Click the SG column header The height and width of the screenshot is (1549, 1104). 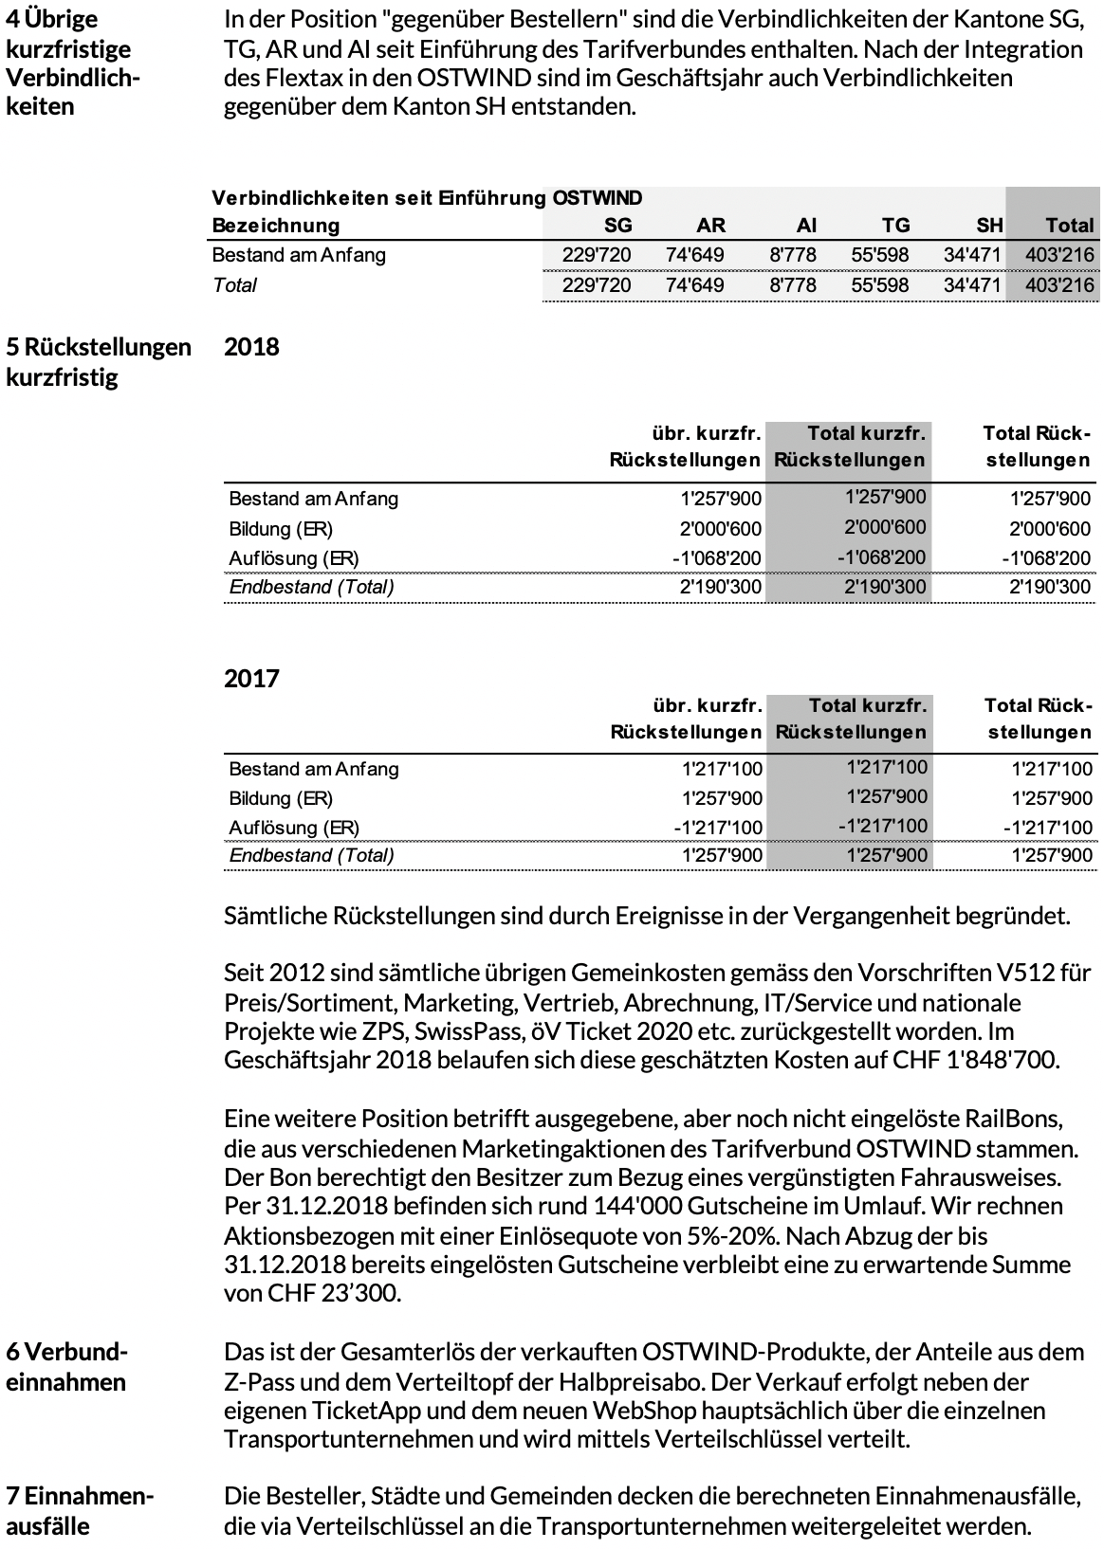(x=617, y=226)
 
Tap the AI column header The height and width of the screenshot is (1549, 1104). (x=806, y=226)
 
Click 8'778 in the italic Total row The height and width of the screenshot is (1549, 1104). (x=793, y=285)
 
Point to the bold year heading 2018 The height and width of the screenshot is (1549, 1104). (x=251, y=347)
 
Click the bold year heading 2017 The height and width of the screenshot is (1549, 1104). (x=251, y=679)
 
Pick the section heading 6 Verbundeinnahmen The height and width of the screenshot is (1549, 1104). (x=66, y=1366)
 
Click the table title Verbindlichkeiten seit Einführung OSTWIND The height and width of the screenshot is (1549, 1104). (x=427, y=198)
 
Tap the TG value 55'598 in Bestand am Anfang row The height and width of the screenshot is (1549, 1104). (x=880, y=255)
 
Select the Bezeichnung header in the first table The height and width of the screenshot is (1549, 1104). (x=275, y=226)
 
